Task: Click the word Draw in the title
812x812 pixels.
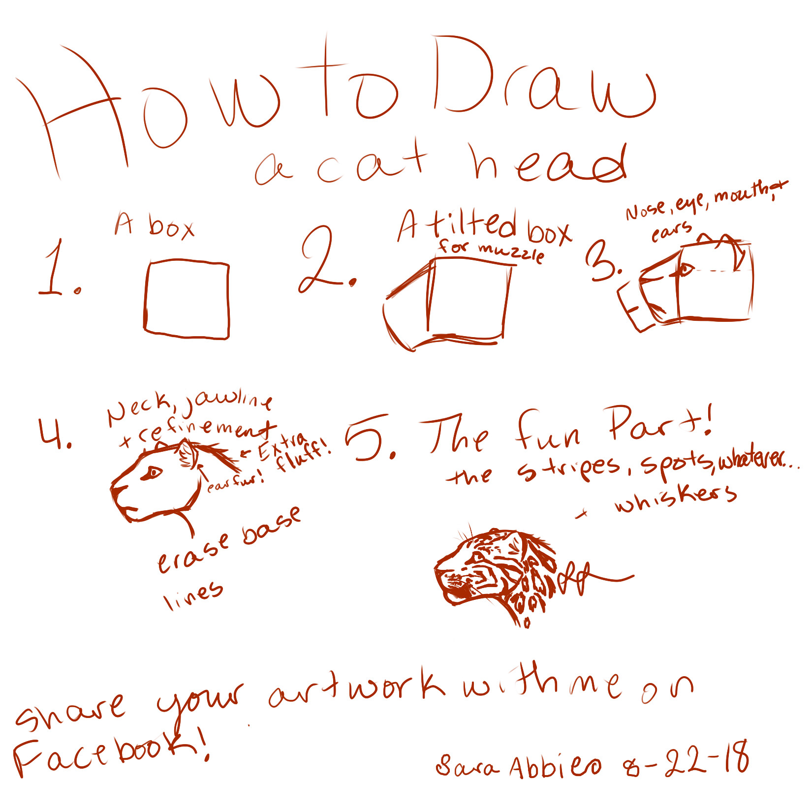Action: (x=544, y=79)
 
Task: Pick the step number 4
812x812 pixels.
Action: (x=54, y=433)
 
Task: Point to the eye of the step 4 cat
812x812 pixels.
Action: (x=153, y=473)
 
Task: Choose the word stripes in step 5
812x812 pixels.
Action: (x=568, y=468)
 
